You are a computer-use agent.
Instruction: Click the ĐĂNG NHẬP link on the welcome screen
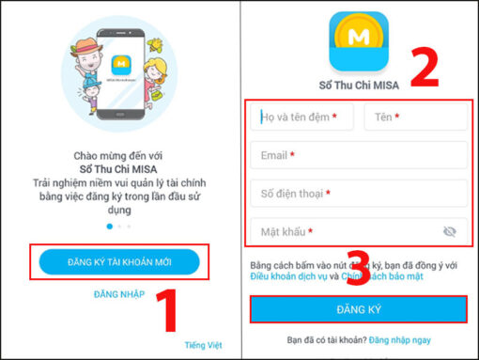119,294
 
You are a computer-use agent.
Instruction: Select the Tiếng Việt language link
205,346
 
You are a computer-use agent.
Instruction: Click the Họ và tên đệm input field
303,117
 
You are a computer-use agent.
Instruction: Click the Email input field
359,155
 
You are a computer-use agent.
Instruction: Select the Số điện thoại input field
359,194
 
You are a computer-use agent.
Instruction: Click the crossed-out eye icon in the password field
449,231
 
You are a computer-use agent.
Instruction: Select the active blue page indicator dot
110,227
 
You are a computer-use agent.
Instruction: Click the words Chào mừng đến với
119,152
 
